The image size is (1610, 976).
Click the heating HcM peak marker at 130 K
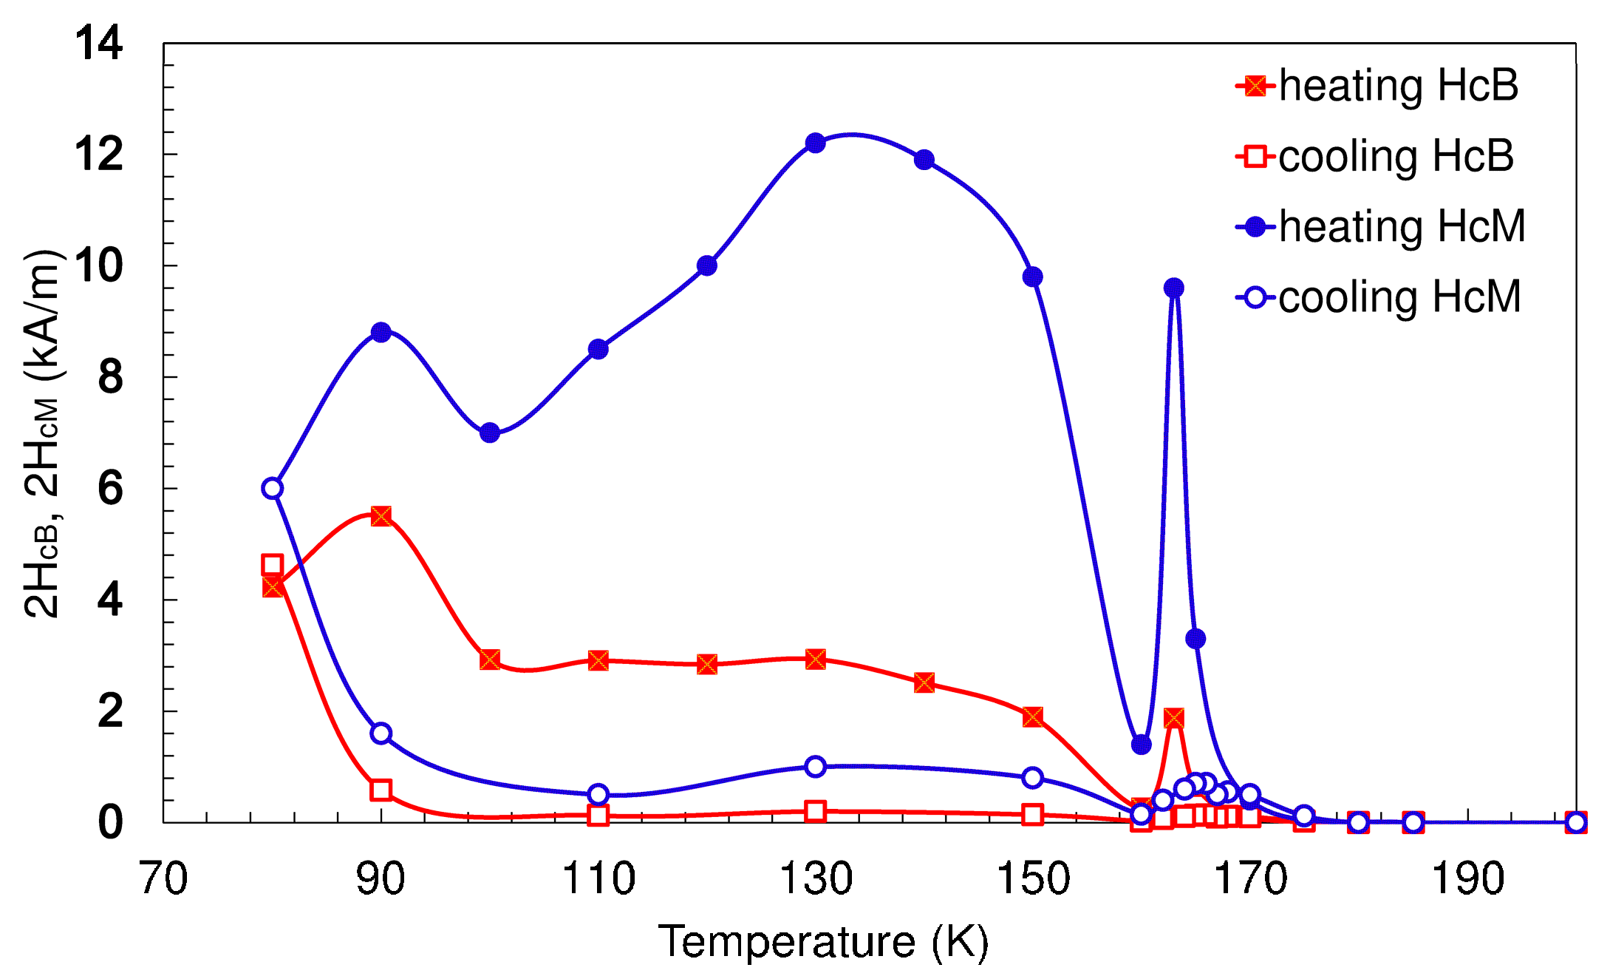[815, 143]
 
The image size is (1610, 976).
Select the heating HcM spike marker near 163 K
[1173, 288]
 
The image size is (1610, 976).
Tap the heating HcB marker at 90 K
[381, 516]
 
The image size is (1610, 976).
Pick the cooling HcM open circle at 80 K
[272, 488]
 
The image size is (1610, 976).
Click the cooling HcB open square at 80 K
[272, 565]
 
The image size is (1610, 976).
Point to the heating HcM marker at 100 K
[489, 433]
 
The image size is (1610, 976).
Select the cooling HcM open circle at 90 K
[381, 733]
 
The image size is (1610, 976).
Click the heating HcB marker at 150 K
[1032, 716]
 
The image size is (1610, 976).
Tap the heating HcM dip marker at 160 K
[1141, 745]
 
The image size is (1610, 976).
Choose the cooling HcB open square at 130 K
[815, 811]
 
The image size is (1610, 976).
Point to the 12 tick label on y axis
[98, 155]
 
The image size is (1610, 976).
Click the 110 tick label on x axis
[598, 879]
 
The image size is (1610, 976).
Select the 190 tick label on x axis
[1467, 879]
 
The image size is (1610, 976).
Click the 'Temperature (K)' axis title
[823, 942]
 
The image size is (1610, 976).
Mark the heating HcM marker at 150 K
[1032, 277]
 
